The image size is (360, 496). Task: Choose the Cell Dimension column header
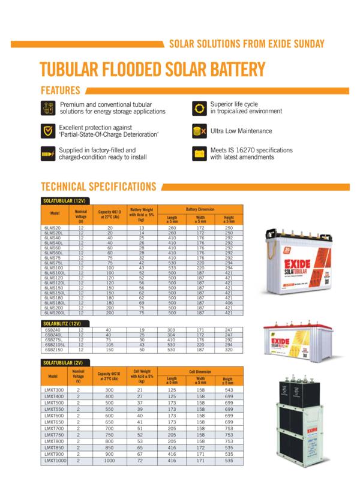200,372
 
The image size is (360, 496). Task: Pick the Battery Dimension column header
200,209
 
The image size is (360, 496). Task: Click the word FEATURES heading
60,91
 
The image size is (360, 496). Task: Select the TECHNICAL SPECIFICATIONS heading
98,187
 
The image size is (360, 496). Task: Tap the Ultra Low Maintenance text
241,131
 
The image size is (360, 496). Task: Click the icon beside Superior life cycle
199,109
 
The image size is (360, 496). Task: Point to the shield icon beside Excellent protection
47,131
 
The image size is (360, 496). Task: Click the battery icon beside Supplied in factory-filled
47,154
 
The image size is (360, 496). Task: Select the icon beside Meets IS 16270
199,154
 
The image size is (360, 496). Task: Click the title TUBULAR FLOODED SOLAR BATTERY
152,69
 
